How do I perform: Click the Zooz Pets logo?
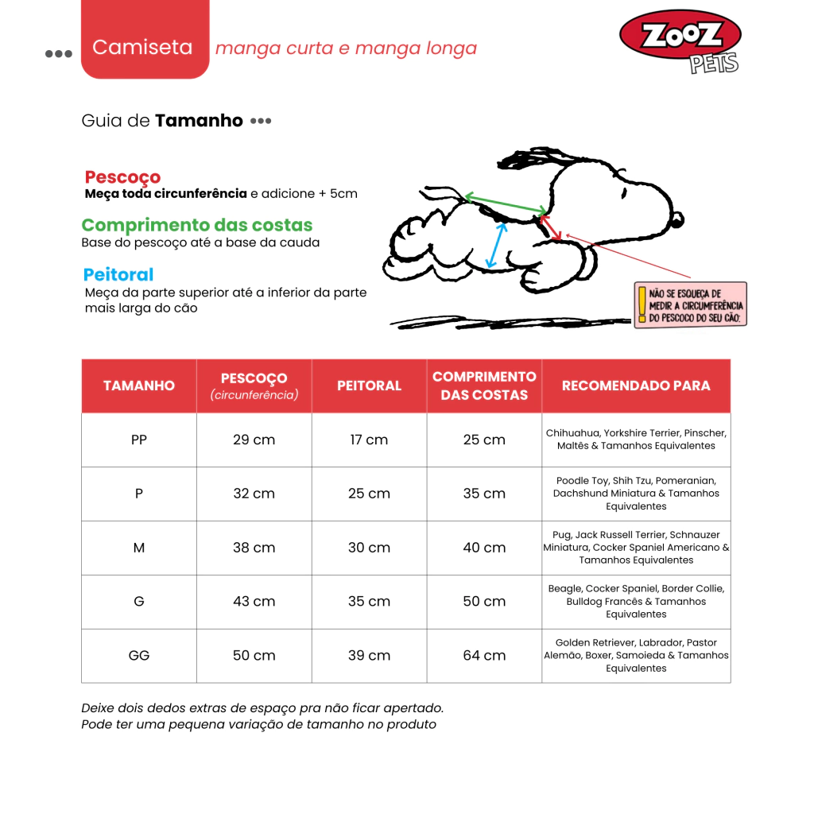click(x=680, y=40)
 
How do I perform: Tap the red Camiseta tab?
click(x=144, y=47)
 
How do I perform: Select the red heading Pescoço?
click(x=122, y=176)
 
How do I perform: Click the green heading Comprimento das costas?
click(x=197, y=225)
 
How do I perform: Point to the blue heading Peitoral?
click(x=118, y=274)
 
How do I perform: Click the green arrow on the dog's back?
click(x=505, y=204)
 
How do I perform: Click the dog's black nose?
click(x=676, y=219)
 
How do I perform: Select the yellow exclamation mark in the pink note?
click(x=642, y=304)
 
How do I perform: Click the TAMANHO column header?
click(x=139, y=386)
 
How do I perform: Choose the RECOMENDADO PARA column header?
click(x=636, y=386)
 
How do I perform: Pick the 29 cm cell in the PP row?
click(x=254, y=440)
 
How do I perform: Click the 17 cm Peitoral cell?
click(x=369, y=440)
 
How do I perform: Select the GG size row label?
click(x=139, y=656)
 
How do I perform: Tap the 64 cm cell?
click(x=484, y=656)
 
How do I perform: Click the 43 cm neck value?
click(x=254, y=602)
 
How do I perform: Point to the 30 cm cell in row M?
click(x=369, y=548)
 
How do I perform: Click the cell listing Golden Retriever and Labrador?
click(x=636, y=656)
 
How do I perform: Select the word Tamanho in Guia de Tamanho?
click(x=199, y=121)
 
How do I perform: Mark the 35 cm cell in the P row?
click(x=484, y=494)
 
